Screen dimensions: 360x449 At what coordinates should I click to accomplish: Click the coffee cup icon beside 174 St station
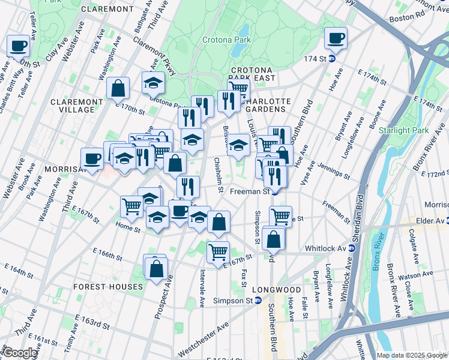(335, 38)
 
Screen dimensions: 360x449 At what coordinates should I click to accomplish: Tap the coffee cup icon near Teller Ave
(18, 46)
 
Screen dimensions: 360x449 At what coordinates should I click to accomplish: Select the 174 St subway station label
(319, 59)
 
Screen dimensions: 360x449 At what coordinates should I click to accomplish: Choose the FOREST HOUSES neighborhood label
(108, 287)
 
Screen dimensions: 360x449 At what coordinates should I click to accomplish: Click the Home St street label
(128, 229)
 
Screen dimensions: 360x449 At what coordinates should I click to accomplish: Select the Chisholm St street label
(218, 172)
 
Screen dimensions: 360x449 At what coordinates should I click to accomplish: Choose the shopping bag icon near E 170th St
(118, 88)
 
